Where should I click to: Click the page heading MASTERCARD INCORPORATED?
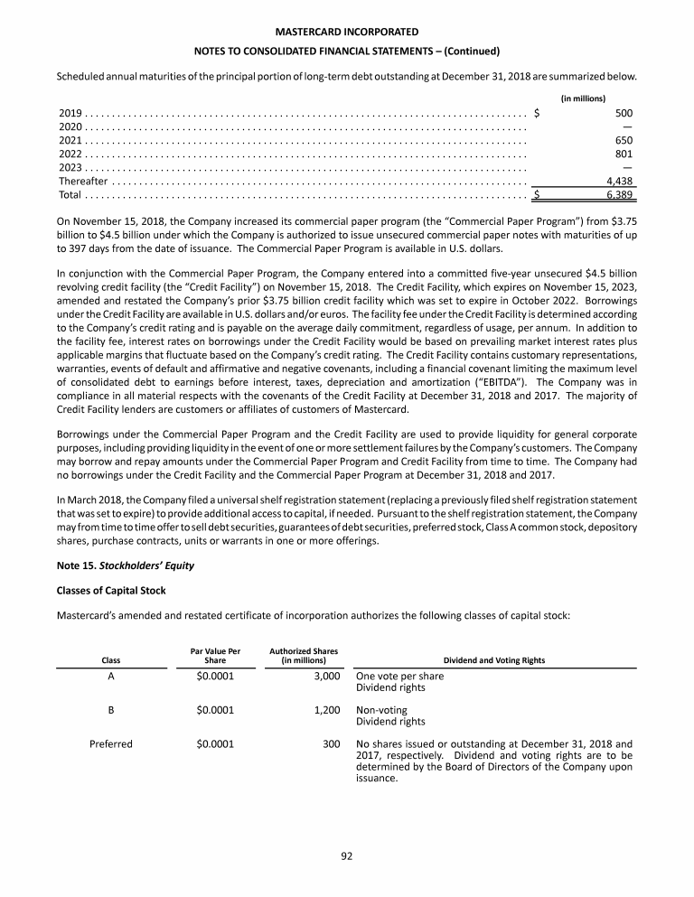[346, 33]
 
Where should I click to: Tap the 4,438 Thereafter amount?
[619, 181]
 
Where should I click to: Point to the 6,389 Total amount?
[619, 194]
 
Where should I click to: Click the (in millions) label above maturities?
[583, 98]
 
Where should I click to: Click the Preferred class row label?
[111, 744]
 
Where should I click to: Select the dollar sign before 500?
[538, 114]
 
